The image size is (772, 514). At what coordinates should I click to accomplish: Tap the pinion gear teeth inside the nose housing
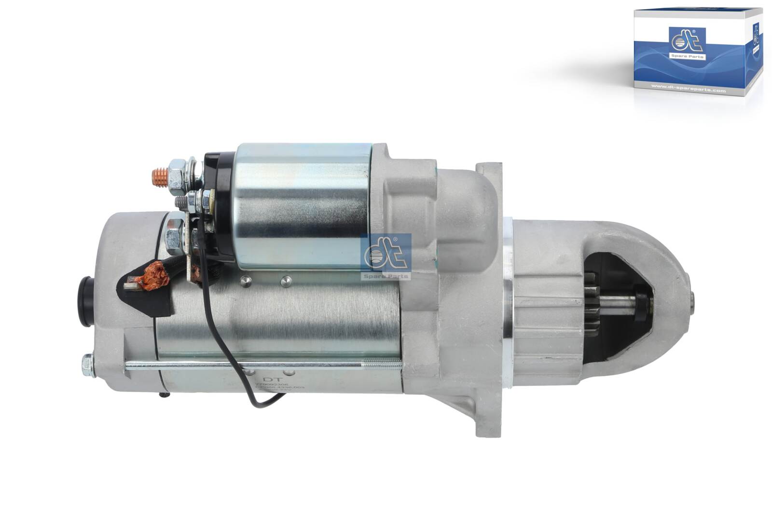pos(592,299)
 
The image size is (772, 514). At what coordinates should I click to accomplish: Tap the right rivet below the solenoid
pos(286,280)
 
